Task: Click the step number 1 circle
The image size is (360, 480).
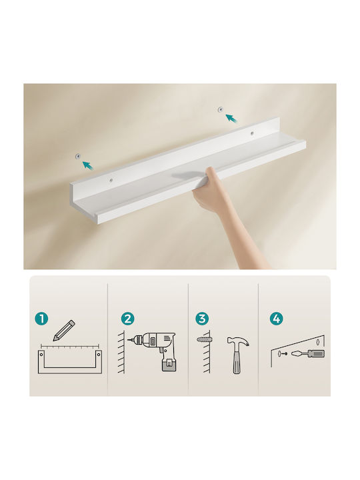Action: [x=41, y=319]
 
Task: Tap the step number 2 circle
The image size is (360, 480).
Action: [x=127, y=319]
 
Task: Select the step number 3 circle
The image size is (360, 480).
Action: [x=202, y=319]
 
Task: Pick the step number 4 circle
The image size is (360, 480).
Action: [x=276, y=319]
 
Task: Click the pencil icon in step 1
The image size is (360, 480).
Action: [x=64, y=331]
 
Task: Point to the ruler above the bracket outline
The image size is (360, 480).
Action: [x=70, y=347]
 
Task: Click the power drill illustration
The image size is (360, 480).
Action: [x=153, y=351]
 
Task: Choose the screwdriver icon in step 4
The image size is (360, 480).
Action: [x=307, y=353]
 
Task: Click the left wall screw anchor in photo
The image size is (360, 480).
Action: [x=78, y=157]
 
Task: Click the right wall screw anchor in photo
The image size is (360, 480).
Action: [x=221, y=109]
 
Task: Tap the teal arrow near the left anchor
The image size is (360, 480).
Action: [x=88, y=165]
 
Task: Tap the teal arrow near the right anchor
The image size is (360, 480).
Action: [x=232, y=118]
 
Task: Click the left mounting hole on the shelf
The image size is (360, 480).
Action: [x=112, y=181]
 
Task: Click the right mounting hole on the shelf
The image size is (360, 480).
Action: [x=252, y=133]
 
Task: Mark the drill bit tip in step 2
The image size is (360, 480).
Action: [x=128, y=339]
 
